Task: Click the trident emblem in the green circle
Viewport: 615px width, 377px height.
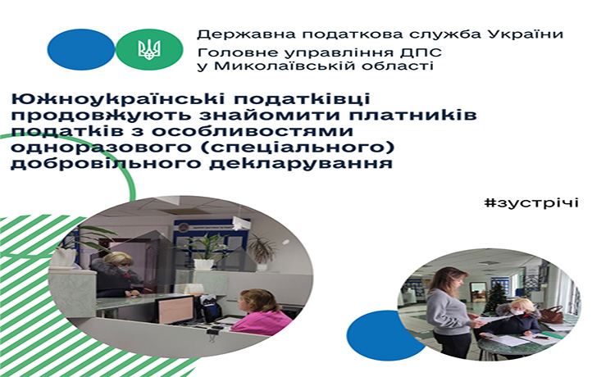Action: click(x=149, y=50)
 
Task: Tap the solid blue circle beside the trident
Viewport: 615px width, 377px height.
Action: click(x=81, y=49)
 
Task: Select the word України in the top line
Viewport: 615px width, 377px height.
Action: click(x=526, y=34)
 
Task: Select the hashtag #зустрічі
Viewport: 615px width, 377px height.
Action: click(x=531, y=202)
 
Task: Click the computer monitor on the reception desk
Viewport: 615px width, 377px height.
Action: click(x=175, y=310)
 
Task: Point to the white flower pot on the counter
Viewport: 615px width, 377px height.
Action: click(x=204, y=264)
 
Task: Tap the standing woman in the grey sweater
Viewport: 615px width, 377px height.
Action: click(x=449, y=311)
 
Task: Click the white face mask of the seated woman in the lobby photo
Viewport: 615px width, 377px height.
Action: click(x=517, y=311)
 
